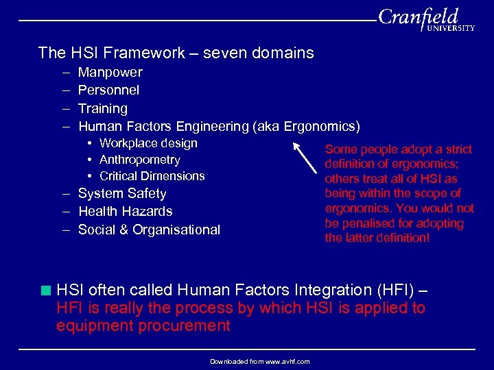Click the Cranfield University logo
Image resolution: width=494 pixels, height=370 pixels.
point(425,20)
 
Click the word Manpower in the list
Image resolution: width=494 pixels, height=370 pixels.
point(110,72)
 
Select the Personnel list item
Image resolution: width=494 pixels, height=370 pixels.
point(108,90)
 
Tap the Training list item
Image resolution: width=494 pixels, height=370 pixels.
point(102,108)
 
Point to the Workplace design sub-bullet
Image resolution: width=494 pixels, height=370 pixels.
point(148,143)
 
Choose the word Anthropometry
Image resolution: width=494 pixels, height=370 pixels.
point(139,160)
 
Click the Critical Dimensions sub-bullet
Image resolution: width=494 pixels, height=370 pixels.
point(152,176)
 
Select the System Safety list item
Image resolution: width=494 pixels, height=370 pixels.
point(122,194)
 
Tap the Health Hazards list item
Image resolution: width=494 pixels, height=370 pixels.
point(125,212)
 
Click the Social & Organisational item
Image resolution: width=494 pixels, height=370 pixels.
point(149,230)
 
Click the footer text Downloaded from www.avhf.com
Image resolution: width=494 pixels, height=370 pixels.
point(259,361)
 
